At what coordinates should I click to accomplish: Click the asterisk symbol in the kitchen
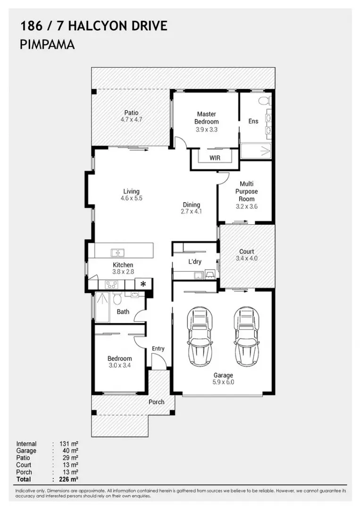(x=143, y=284)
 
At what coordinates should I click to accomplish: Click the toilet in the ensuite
(x=265, y=100)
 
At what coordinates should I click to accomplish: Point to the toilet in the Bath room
(x=117, y=298)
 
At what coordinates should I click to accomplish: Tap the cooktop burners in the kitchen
(x=111, y=285)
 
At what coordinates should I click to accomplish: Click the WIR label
(x=215, y=158)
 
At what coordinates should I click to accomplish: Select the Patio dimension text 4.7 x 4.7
(x=131, y=119)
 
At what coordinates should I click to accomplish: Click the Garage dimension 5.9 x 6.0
(x=223, y=382)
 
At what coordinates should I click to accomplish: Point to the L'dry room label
(x=195, y=262)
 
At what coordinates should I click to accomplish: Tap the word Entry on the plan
(x=158, y=348)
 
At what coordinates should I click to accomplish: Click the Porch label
(x=157, y=402)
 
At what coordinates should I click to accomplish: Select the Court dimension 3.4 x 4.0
(x=247, y=259)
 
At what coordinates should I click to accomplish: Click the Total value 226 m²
(x=69, y=479)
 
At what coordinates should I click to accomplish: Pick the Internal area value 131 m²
(x=69, y=443)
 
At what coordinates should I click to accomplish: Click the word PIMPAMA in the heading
(x=48, y=44)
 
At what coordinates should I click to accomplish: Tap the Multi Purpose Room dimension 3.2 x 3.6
(x=247, y=206)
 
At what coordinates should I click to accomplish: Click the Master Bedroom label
(x=207, y=118)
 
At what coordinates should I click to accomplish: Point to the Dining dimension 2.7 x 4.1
(x=192, y=212)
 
